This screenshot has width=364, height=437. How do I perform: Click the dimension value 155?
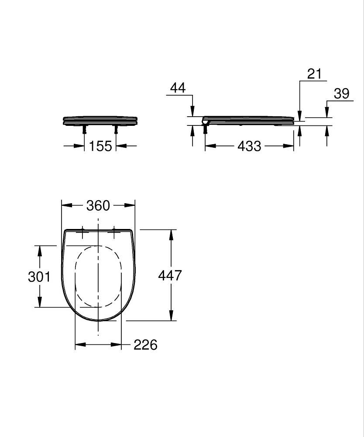click(x=101, y=146)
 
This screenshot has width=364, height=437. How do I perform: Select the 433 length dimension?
click(x=249, y=146)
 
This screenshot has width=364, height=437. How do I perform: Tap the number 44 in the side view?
click(x=177, y=88)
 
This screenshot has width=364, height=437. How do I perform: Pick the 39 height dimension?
click(x=342, y=94)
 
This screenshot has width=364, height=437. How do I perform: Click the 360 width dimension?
click(x=98, y=205)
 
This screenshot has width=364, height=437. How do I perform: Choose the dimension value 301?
click(x=39, y=277)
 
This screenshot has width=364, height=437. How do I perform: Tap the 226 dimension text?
click(x=145, y=345)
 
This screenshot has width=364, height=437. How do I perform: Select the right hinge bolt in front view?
click(x=116, y=129)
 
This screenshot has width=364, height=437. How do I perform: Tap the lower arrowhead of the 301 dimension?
click(x=40, y=302)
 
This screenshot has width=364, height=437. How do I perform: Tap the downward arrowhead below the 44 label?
click(x=192, y=112)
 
